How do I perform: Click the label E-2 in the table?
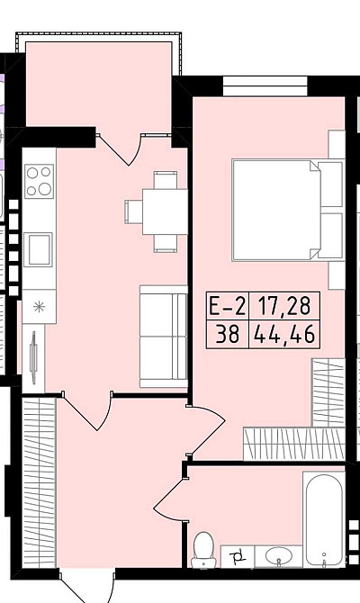point(228,306)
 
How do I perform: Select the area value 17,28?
point(284,306)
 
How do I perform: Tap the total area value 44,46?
point(284,334)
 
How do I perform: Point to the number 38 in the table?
point(228,334)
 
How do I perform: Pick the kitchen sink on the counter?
point(39,249)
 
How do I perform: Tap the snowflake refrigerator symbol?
point(39,307)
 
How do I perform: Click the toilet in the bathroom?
point(203,550)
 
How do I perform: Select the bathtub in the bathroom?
point(324,520)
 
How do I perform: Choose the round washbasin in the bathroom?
point(279,556)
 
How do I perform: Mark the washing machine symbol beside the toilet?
point(238,556)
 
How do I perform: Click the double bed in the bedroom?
point(288,210)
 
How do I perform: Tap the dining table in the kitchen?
point(165,211)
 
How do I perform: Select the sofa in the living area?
point(164,337)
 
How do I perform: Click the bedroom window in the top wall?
point(265,86)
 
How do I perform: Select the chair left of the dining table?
point(133,211)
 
